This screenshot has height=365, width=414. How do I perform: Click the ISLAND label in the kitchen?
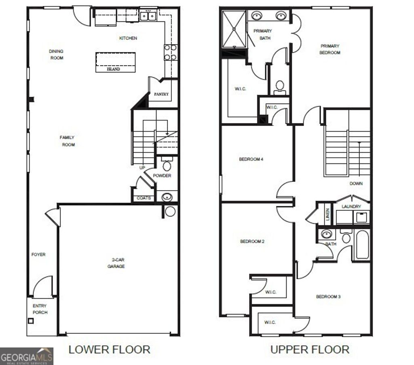pyautogui.click(x=114, y=69)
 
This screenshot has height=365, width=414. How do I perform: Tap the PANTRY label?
pyautogui.click(x=161, y=94)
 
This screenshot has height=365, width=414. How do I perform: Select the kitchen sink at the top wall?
pyautogui.click(x=148, y=16)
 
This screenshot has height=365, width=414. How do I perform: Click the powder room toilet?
pyautogui.click(x=167, y=165)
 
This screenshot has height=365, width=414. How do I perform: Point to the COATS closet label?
pyautogui.click(x=144, y=198)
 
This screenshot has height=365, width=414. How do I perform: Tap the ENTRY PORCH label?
pyautogui.click(x=40, y=309)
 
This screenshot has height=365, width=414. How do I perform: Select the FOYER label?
pyautogui.click(x=38, y=255)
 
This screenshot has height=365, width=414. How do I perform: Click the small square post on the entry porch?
pyautogui.click(x=31, y=321)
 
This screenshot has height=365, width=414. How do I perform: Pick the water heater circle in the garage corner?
pyautogui.click(x=170, y=211)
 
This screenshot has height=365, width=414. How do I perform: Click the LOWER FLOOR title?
pyautogui.click(x=109, y=349)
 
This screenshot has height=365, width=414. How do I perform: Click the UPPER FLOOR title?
pyautogui.click(x=310, y=349)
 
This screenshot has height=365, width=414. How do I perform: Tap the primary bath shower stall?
pyautogui.click(x=234, y=29)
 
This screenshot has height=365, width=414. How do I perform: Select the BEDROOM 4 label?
pyautogui.click(x=251, y=159)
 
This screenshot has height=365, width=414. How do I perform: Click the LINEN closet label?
pyautogui.click(x=327, y=214)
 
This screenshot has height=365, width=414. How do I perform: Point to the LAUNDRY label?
pyautogui.click(x=351, y=207)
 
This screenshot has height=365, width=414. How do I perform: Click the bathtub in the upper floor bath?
pyautogui.click(x=362, y=244)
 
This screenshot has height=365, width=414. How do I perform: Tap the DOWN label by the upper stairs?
pyautogui.click(x=356, y=184)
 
